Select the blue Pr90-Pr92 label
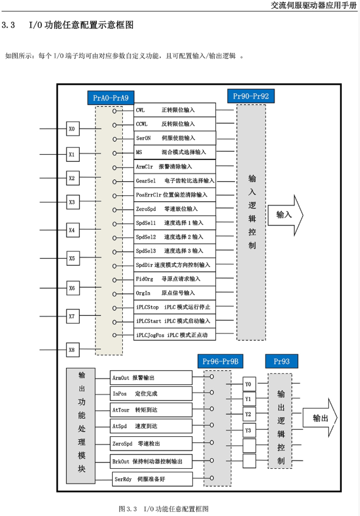point(251,96)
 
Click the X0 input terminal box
point(72,128)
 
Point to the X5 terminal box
point(72,258)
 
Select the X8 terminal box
point(72,350)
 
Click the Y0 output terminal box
point(248,384)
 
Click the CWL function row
point(175,110)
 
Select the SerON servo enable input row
point(175,138)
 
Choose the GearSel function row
point(175,181)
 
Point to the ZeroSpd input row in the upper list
point(175,209)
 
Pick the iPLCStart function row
point(175,321)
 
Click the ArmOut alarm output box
point(151,378)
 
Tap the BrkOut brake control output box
point(151,461)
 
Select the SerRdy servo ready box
point(152,479)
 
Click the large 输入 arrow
point(284,214)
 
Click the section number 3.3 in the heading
point(8,26)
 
